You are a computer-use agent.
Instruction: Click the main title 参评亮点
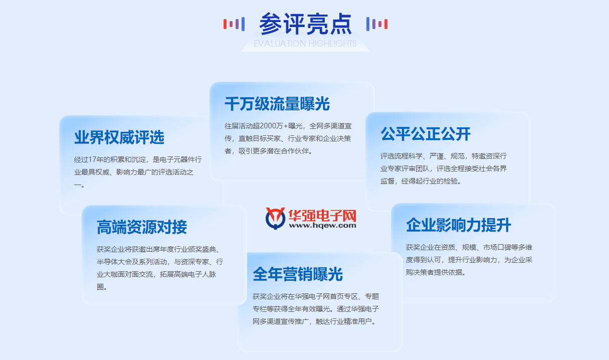pos(305,24)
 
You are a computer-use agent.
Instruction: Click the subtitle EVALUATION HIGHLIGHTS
pos(305,44)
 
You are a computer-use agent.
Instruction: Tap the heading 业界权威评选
pos(119,138)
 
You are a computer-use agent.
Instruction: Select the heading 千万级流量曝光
pos(277,104)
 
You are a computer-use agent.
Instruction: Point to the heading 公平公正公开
pos(426,134)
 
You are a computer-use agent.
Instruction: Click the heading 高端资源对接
pos(142,227)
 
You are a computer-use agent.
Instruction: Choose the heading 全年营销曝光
pos(298,274)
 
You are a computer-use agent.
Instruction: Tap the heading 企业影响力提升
pos(459,225)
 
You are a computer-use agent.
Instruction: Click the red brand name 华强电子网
pos(322,215)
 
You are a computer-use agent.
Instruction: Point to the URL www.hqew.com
pos(322,226)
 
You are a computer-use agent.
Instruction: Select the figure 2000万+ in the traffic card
pos(273,125)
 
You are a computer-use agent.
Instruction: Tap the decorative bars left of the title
pos(234,24)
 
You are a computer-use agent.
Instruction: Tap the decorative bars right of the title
pos(377,24)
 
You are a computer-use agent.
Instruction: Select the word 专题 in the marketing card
pos(372,296)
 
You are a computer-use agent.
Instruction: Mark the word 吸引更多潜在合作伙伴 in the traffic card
pos(273,151)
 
